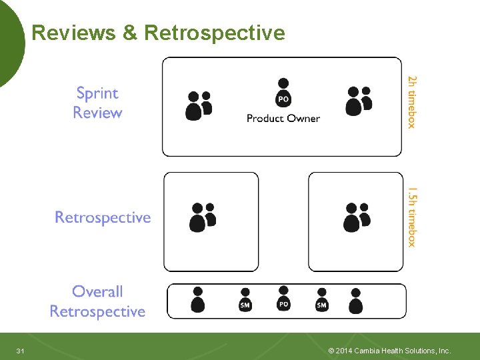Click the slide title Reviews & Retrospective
pyautogui.click(x=158, y=33)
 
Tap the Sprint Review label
pyautogui.click(x=97, y=103)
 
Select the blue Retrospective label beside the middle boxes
pyautogui.click(x=103, y=218)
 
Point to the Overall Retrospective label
pyautogui.click(x=97, y=301)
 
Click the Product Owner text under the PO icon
pyautogui.click(x=283, y=119)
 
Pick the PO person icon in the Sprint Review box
pyautogui.click(x=283, y=93)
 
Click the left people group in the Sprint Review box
pyautogui.click(x=198, y=105)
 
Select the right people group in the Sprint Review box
pyautogui.click(x=358, y=101)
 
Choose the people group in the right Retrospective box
pyautogui.click(x=357, y=217)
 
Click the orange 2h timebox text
pyautogui.click(x=412, y=101)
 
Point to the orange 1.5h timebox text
pyautogui.click(x=412, y=217)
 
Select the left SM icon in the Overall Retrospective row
pyautogui.click(x=245, y=301)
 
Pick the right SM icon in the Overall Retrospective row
pyautogui.click(x=322, y=301)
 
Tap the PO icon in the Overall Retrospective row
pyautogui.click(x=283, y=299)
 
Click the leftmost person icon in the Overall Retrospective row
pyautogui.click(x=197, y=300)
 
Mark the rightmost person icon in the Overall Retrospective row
pyautogui.click(x=355, y=301)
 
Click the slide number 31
pyautogui.click(x=20, y=351)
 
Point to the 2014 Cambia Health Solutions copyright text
pyautogui.click(x=390, y=351)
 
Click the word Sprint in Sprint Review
pyautogui.click(x=97, y=93)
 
